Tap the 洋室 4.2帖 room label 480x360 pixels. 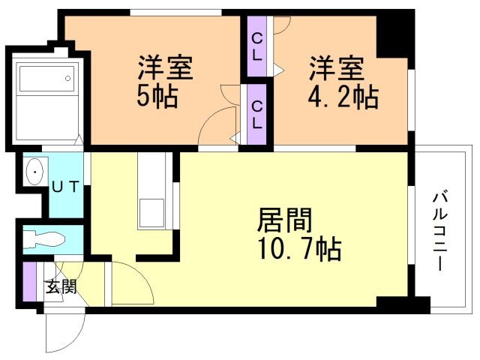(x=343, y=82)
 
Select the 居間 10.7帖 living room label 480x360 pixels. (x=299, y=234)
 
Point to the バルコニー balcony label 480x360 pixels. (x=440, y=231)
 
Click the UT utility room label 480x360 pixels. (x=66, y=187)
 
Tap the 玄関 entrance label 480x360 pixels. (x=61, y=286)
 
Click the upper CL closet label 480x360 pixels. (x=256, y=46)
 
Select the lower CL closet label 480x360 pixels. (x=256, y=115)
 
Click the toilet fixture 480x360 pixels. (x=44, y=239)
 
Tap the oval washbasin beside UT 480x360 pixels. (x=35, y=172)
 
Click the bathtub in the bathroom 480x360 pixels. (x=46, y=78)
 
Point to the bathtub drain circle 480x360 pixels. (x=67, y=78)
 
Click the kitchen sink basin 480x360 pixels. (x=151, y=213)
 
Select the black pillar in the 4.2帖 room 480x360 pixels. (x=392, y=37)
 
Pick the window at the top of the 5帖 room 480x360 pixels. (x=175, y=13)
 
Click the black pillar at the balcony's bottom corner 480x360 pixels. (x=403, y=304)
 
